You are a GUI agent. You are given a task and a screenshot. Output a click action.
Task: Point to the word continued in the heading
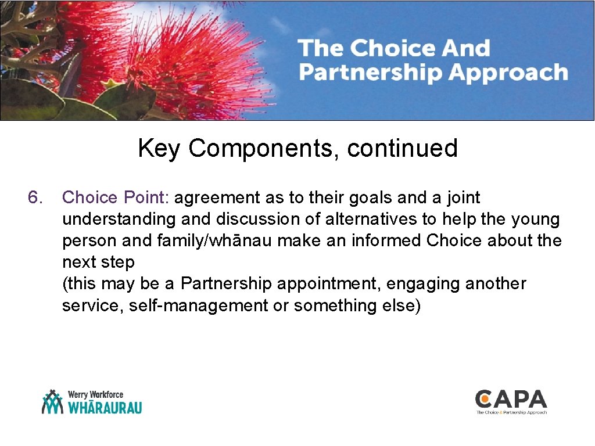pyautogui.click(x=402, y=149)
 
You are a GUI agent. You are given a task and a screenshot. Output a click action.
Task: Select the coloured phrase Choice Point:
pyautogui.click(x=115, y=198)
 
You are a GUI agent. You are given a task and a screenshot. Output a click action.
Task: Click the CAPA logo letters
pyautogui.click(x=511, y=399)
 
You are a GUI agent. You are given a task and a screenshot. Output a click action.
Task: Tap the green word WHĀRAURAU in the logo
pyautogui.click(x=105, y=407)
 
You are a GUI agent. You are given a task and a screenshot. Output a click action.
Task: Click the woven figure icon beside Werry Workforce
pyautogui.click(x=52, y=402)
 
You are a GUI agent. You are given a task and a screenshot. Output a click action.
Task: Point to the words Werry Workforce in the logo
pyautogui.click(x=95, y=394)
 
